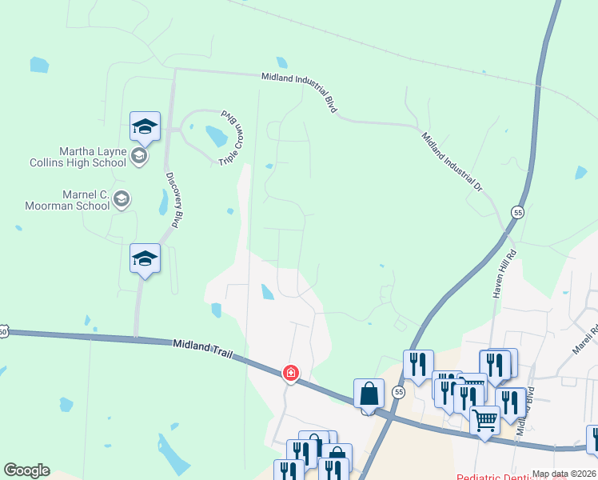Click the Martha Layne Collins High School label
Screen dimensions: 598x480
click(93, 157)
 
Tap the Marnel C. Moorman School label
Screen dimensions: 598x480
click(86, 200)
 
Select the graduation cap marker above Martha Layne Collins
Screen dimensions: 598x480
click(146, 126)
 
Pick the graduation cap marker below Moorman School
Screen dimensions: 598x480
click(145, 258)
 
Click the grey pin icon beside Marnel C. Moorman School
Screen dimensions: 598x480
click(122, 199)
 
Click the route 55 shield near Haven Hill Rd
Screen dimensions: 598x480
click(518, 213)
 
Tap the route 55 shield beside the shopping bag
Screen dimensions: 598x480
click(399, 392)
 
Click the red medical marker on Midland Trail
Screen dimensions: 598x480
click(291, 373)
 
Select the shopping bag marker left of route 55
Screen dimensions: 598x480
click(369, 394)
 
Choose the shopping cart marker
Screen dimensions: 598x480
click(484, 420)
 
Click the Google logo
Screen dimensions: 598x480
click(26, 470)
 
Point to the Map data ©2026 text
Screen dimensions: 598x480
click(564, 474)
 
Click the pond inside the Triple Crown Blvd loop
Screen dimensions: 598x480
click(217, 136)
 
